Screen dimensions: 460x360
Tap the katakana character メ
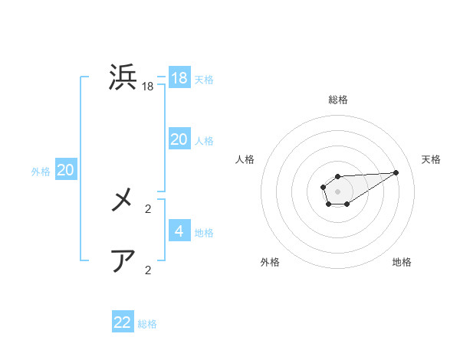click(123, 201)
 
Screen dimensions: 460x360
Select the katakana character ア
click(123, 261)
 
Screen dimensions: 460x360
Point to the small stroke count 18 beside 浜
click(148, 87)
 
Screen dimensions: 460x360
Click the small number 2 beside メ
click(148, 208)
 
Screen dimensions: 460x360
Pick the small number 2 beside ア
click(148, 270)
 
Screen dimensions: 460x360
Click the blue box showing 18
click(179, 78)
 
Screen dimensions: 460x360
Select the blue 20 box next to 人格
click(179, 139)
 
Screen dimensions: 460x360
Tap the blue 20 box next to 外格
click(66, 170)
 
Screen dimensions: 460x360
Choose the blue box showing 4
click(179, 231)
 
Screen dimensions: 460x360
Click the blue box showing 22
click(123, 322)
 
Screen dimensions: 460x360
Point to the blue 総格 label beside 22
click(147, 324)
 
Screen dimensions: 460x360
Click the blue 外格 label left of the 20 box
click(41, 172)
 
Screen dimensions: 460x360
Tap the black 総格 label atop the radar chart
click(337, 100)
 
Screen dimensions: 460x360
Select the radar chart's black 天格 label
click(431, 159)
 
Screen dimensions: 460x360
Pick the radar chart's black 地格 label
click(402, 262)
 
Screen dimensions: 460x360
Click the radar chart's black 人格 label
click(245, 159)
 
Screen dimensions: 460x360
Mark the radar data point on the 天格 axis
click(396, 172)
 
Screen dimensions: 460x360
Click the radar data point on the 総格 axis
click(337, 177)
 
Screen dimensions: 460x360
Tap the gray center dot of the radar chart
click(337, 191)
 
